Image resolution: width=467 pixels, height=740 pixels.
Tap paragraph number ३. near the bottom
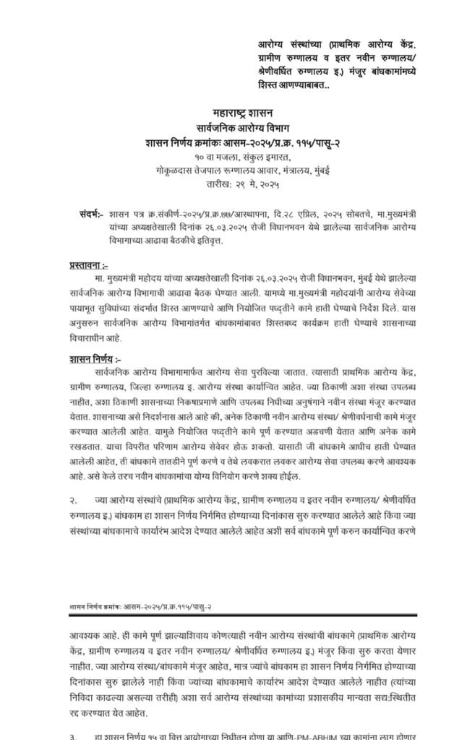coord(74,736)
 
